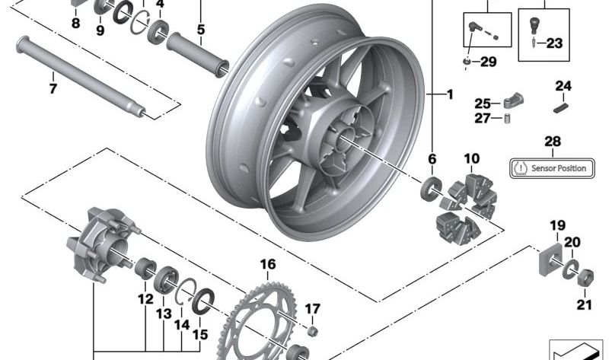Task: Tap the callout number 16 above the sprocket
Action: [267, 265]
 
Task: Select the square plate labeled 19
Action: [554, 258]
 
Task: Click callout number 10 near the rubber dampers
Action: [472, 159]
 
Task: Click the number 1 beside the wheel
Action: [449, 95]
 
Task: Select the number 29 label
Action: [487, 60]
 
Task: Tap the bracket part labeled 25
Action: [511, 101]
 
